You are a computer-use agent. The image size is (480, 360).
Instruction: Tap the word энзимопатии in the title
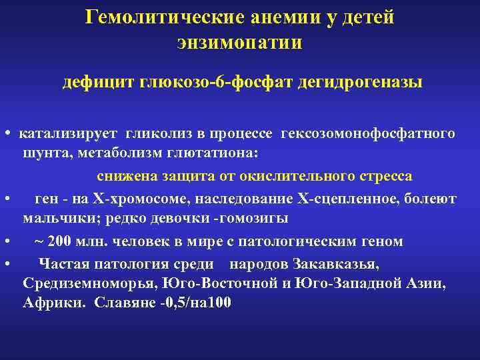(x=239, y=43)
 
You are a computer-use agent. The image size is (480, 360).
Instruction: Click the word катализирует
(x=68, y=133)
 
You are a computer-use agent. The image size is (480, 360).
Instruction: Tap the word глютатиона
(x=214, y=155)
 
